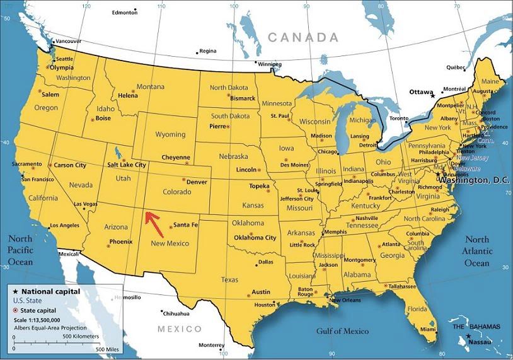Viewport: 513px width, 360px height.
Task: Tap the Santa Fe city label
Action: tap(185, 225)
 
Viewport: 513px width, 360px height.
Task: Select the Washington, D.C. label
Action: tap(475, 180)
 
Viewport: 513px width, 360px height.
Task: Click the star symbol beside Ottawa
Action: tap(432, 95)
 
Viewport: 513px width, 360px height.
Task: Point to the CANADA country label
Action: tap(303, 38)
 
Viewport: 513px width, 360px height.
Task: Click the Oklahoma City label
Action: tap(255, 238)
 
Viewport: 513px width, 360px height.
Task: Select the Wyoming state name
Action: tap(170, 134)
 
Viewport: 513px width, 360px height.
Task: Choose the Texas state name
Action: tap(229, 279)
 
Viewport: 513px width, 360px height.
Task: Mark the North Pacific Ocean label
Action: tap(20, 250)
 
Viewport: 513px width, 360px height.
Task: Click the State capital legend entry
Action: tap(39, 311)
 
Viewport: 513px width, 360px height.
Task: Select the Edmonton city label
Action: tap(124, 13)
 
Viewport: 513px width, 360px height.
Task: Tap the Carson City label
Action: tap(70, 165)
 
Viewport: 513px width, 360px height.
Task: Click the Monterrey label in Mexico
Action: tap(211, 345)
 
